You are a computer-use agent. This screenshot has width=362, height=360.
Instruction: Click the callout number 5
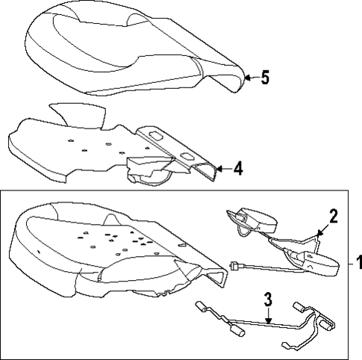tap(265, 78)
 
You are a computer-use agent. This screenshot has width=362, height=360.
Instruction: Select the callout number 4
tap(238, 169)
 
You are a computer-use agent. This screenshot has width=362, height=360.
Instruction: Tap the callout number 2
tap(333, 216)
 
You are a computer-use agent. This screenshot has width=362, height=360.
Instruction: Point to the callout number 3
tap(268, 300)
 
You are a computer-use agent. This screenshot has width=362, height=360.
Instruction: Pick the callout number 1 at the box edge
tap(359, 263)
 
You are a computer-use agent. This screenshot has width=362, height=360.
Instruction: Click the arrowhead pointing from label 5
tap(247, 78)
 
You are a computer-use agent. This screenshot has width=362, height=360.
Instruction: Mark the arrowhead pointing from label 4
tap(219, 169)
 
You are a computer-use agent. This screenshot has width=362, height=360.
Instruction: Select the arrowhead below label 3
tap(268, 321)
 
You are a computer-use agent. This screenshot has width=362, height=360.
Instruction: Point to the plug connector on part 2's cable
tap(234, 266)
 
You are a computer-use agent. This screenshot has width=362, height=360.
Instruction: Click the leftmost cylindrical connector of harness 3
tap(201, 305)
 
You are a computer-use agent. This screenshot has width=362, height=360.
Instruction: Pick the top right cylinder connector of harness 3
tap(300, 307)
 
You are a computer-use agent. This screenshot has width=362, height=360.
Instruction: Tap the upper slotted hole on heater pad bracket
tap(156, 136)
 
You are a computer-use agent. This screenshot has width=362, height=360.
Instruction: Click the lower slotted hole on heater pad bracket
tap(187, 157)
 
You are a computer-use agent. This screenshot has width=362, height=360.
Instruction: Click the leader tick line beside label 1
tap(351, 264)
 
